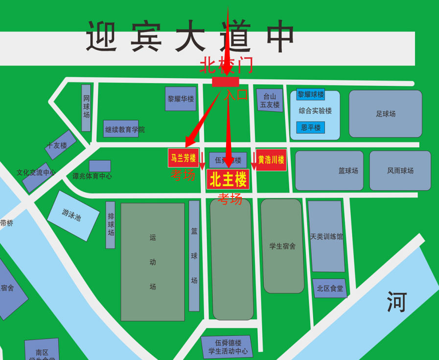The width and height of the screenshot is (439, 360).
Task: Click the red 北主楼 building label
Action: click(228, 180)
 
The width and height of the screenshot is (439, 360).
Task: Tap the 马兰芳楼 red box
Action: click(183, 158)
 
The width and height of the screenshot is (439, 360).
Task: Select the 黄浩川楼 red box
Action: click(271, 160)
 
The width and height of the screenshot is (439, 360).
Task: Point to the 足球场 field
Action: click(385, 114)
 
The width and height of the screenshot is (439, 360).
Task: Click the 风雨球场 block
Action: click(400, 170)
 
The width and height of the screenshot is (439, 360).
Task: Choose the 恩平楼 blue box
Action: click(310, 128)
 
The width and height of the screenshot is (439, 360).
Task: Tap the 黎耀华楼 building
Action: click(181, 99)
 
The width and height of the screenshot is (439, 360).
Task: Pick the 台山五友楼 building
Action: click(270, 100)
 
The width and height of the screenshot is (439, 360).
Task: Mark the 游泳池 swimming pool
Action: click(73, 216)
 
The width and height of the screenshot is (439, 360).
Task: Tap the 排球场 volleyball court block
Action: click(111, 225)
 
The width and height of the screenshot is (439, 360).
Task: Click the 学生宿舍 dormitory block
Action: click(282, 246)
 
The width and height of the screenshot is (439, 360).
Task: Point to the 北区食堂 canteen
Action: click(330, 288)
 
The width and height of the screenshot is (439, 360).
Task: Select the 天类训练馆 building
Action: click(326, 236)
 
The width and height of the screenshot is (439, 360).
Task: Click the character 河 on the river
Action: click(396, 302)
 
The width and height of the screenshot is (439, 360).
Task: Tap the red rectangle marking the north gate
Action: click(226, 82)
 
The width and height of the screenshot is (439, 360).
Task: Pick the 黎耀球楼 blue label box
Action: click(310, 94)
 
